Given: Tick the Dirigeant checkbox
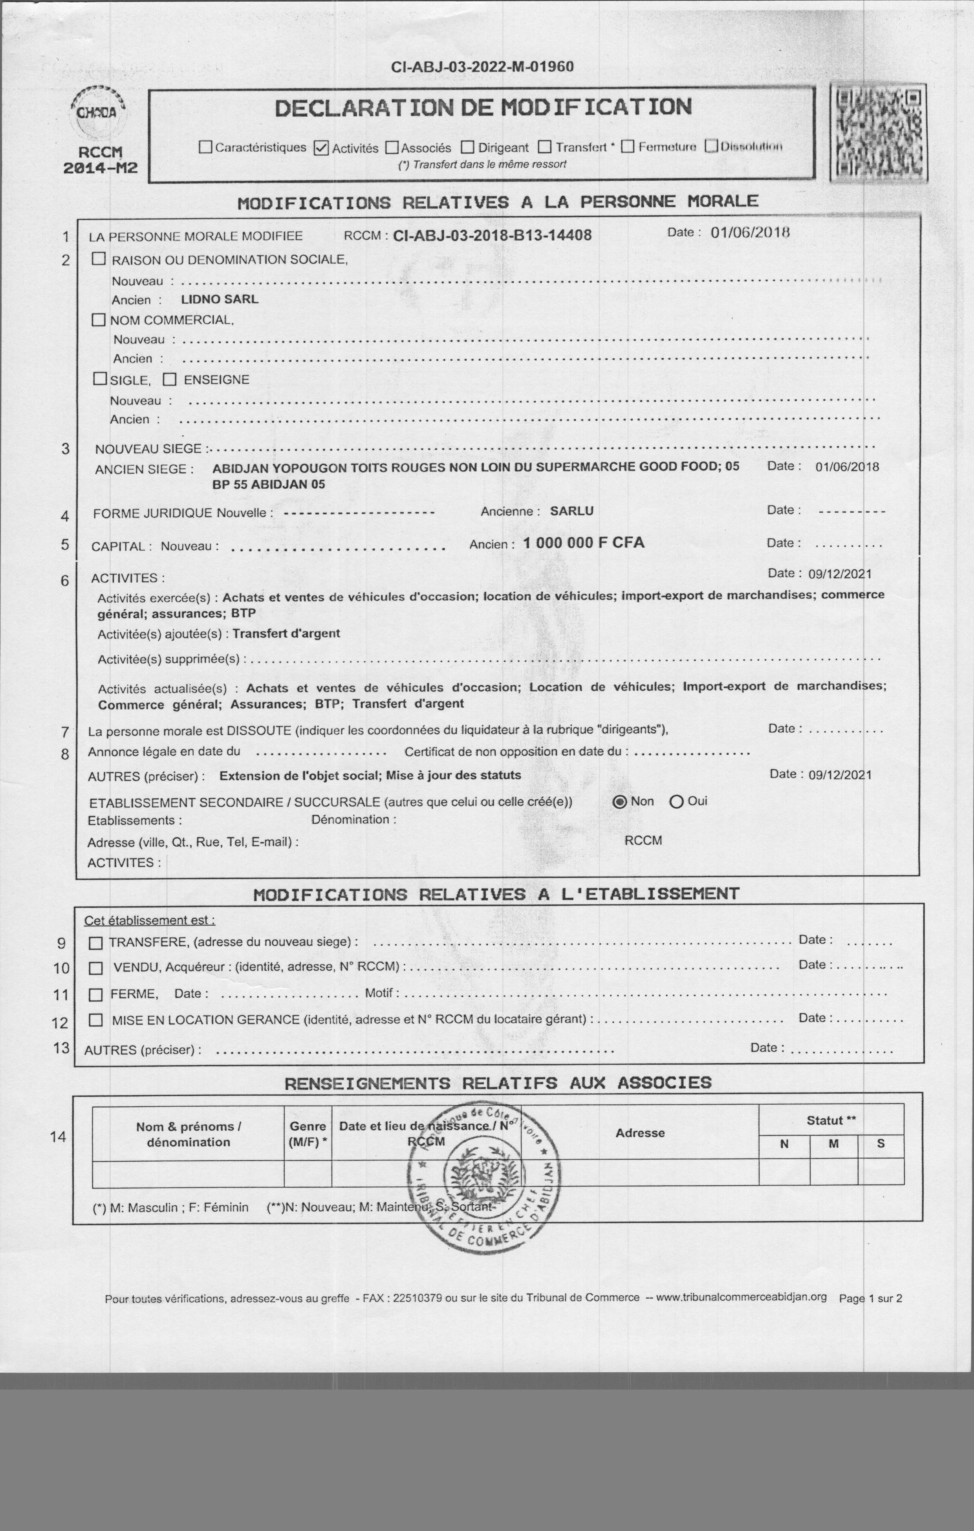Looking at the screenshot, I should (467, 147).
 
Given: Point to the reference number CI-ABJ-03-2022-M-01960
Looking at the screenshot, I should (483, 67).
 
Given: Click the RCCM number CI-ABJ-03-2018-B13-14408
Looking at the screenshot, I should (492, 236).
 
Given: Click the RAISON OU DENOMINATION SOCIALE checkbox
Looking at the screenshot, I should (99, 259).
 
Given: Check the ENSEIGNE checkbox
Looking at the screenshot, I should (169, 380).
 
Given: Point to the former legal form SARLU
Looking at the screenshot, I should (571, 511).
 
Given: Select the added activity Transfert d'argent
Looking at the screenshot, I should (286, 633).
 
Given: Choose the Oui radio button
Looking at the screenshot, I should (676, 802).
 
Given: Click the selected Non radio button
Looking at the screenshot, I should (620, 802).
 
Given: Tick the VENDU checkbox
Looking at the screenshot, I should (96, 968).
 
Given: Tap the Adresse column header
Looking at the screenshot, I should (640, 1133).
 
